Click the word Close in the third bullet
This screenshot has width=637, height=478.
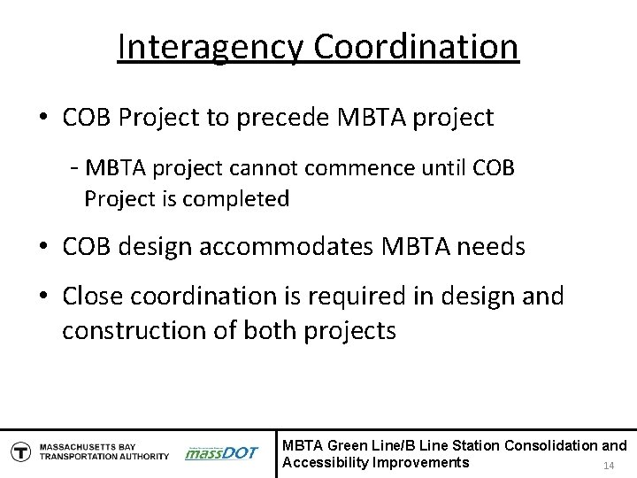(98, 296)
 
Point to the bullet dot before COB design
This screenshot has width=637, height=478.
(43, 248)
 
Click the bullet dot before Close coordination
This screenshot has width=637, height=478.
(43, 297)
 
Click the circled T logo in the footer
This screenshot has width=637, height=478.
(19, 451)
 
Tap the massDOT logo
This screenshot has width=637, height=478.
(220, 452)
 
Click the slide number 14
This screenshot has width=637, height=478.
(608, 466)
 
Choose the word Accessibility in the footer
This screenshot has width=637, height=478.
(325, 463)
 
